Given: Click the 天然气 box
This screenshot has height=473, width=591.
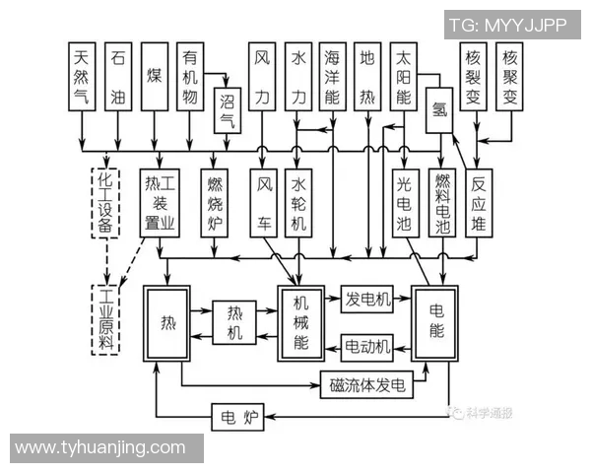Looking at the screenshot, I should (x=82, y=79).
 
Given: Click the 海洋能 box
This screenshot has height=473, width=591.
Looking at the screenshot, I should (x=332, y=79).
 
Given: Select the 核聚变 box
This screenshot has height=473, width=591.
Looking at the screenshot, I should (x=509, y=79).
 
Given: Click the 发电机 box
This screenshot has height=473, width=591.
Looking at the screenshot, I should (x=367, y=299).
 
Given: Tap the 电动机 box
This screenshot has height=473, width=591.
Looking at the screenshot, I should (x=367, y=346).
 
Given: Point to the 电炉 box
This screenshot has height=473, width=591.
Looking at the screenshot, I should (x=237, y=420).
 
